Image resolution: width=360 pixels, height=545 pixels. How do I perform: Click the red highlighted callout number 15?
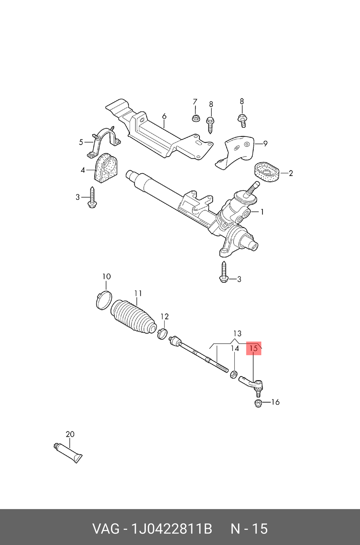pos(253,348)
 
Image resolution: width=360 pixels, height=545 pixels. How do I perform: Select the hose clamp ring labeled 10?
pos(103,300)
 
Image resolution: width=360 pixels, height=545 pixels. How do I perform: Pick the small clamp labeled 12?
pos(162,333)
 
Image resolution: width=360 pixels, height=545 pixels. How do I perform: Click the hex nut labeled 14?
pos(234,374)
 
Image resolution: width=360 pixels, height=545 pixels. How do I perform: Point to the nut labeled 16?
pos(258,404)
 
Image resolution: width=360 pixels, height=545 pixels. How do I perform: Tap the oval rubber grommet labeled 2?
pos(266,173)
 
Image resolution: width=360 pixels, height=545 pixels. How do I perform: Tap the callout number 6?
pos(164,116)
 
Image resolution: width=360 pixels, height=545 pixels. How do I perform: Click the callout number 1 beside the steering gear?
pos(262,212)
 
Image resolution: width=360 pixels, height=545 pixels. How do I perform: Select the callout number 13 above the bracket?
pos(237,333)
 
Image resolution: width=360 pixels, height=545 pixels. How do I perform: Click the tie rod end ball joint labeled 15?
pos(252,384)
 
